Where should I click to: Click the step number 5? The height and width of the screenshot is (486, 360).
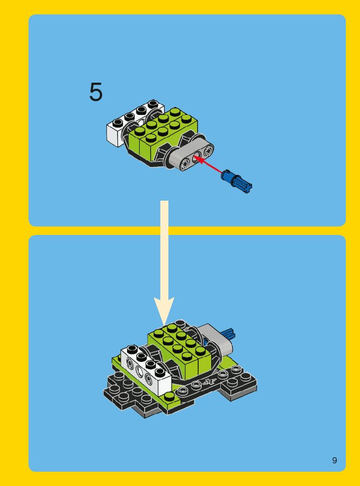(x=96, y=92)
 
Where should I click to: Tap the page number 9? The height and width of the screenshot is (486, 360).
(x=334, y=460)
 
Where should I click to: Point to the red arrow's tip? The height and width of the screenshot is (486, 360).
(x=195, y=157)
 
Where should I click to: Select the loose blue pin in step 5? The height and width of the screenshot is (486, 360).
(x=236, y=181)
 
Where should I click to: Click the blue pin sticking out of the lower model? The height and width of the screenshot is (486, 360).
(x=228, y=333)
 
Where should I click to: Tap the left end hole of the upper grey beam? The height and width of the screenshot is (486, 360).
(x=186, y=164)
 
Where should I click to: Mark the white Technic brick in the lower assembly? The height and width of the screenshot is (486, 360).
(x=146, y=369)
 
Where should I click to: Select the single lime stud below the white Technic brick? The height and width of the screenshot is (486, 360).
(x=169, y=395)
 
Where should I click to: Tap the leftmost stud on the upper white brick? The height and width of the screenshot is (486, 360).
(x=118, y=123)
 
